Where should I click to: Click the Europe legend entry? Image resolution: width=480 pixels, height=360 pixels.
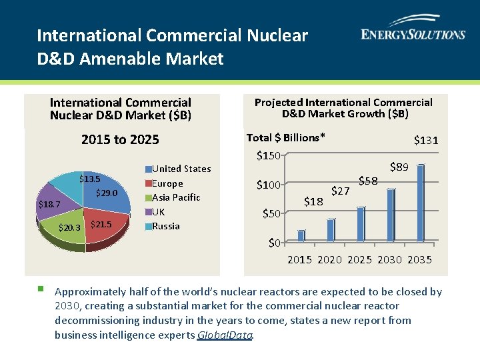click(x=167, y=183)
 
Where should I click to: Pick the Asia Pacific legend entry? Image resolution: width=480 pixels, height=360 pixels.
click(x=175, y=197)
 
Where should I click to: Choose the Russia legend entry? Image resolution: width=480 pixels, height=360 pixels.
click(x=165, y=226)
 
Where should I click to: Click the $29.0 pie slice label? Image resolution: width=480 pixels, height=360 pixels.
click(x=107, y=193)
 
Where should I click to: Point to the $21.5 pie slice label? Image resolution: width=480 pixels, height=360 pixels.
click(x=100, y=225)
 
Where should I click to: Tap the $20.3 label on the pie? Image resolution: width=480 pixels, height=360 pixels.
click(x=69, y=228)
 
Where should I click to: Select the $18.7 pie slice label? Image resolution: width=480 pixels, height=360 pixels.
click(x=49, y=205)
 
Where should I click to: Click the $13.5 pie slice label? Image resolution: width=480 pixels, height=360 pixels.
click(x=90, y=179)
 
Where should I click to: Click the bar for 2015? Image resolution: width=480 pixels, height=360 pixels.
click(x=301, y=235)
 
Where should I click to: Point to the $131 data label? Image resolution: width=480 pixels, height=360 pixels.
click(x=426, y=140)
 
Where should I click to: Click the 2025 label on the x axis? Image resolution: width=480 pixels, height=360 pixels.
click(x=360, y=259)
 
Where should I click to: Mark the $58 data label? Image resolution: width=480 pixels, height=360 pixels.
click(x=368, y=181)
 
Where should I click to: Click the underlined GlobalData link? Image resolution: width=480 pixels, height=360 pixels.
click(x=225, y=335)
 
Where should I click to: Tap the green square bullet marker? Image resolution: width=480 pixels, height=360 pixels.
click(x=41, y=289)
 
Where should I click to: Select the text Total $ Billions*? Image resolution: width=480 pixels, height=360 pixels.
click(x=285, y=138)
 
